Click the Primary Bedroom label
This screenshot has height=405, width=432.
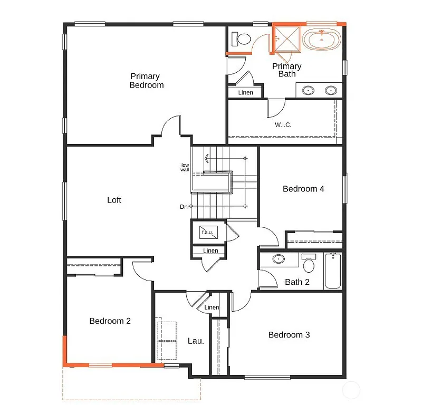[146, 81]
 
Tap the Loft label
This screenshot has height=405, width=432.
[114, 200]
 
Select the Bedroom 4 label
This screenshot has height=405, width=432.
[303, 189]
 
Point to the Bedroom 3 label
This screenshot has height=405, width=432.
[289, 335]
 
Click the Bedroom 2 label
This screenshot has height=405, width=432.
[110, 321]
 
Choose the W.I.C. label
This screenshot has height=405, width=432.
[283, 125]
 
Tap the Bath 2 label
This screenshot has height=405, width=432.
[297, 282]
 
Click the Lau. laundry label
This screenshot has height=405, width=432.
[196, 341]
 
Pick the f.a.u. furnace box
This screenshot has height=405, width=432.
[206, 232]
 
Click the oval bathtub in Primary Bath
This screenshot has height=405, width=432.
[322, 40]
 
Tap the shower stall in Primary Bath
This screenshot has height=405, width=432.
[287, 38]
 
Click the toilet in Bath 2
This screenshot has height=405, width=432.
[309, 262]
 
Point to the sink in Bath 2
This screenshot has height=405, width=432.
[278, 259]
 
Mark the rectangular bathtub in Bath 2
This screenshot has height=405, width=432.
[333, 271]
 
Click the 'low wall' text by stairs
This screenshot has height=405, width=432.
[185, 167]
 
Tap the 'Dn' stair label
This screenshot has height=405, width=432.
[183, 207]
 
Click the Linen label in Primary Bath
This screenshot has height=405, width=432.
[245, 93]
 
